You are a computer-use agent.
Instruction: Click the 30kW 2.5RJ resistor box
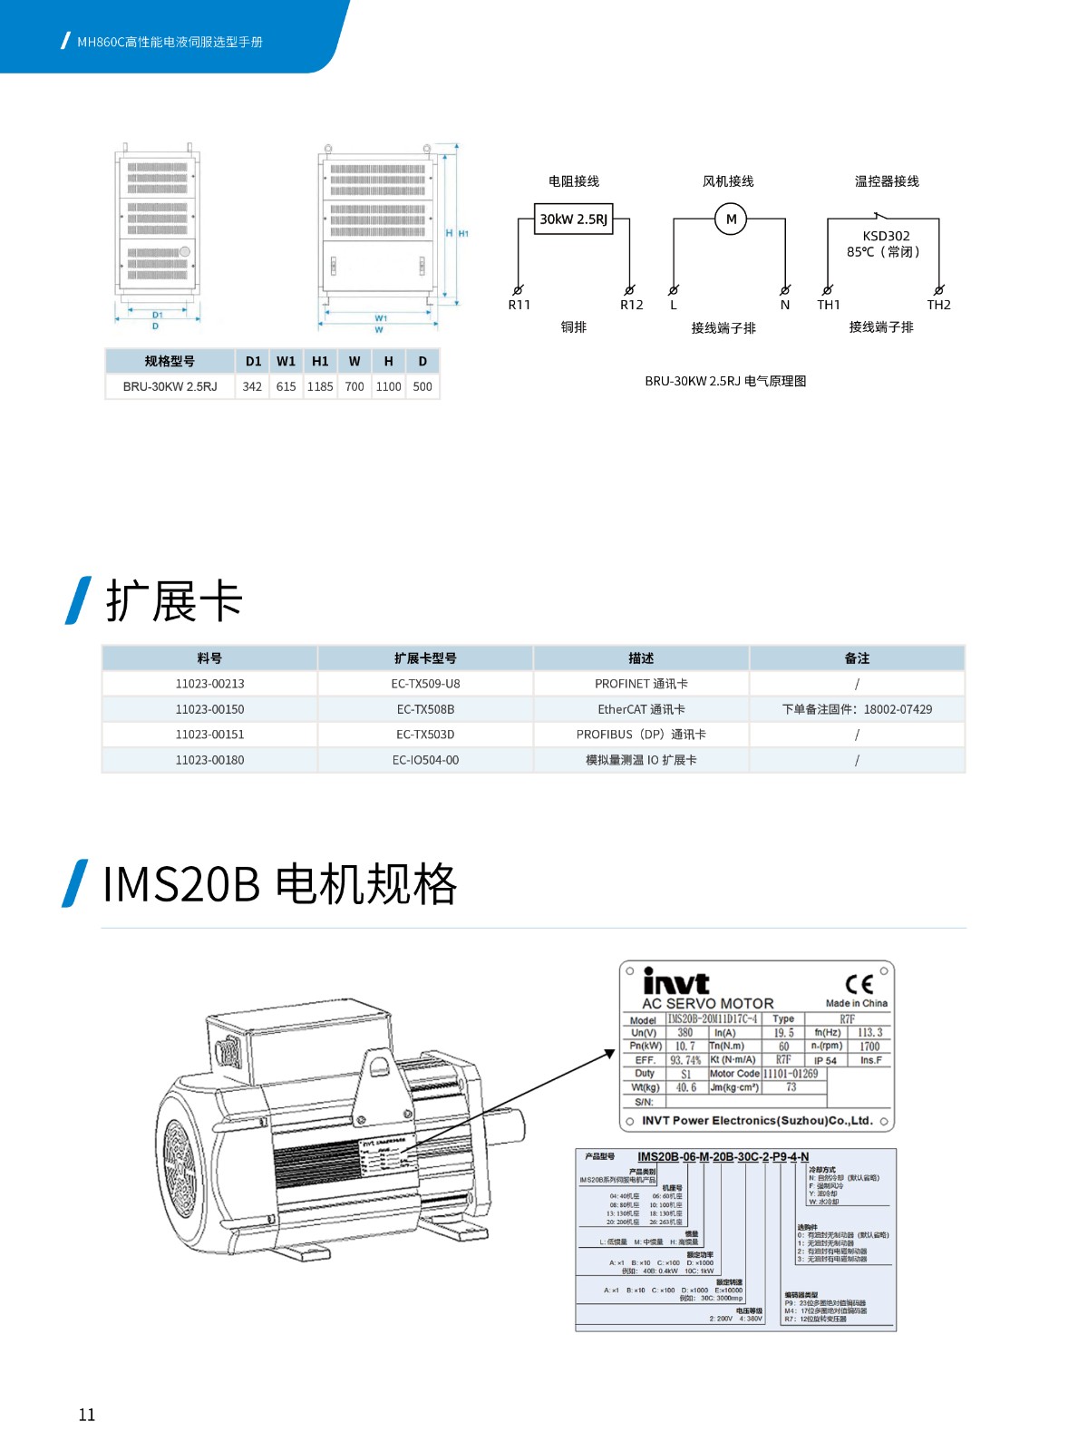coord(573,219)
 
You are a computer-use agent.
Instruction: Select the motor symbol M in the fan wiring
coord(731,219)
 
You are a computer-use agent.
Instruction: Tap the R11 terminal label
coord(519,305)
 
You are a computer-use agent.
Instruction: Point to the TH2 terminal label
coord(938,305)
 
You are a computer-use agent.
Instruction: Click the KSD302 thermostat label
coord(886,236)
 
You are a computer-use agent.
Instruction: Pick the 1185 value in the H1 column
coord(320,386)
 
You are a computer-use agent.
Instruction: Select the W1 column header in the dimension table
coord(286,361)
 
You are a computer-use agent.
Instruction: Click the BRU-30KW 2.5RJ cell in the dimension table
coord(170,386)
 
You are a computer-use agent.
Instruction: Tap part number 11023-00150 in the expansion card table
coord(209,709)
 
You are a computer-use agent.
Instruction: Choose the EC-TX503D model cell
coord(425,735)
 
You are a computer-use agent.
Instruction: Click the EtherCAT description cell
coord(641,709)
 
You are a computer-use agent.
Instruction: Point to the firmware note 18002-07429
coord(857,709)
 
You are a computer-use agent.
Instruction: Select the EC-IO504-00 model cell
coord(425,760)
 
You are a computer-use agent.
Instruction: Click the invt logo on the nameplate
coord(675,982)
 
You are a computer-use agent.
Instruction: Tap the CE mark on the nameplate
coord(859,984)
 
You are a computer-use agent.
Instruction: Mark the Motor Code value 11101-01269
coord(791,1074)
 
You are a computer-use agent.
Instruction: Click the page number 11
coord(87,1415)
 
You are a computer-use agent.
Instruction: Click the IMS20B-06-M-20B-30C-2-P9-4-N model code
coord(723,1157)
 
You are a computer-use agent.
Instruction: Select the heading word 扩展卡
coord(174,600)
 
